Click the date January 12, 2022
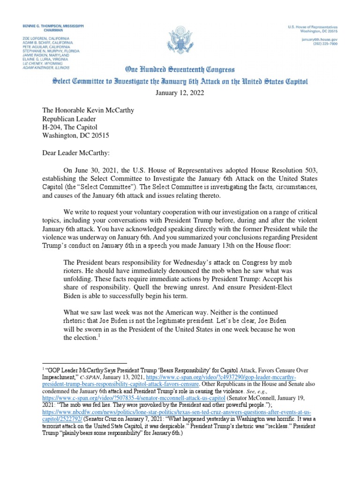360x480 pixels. click(180, 93)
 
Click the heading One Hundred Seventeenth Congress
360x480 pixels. click(180, 70)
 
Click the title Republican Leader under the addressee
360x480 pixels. click(69, 119)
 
